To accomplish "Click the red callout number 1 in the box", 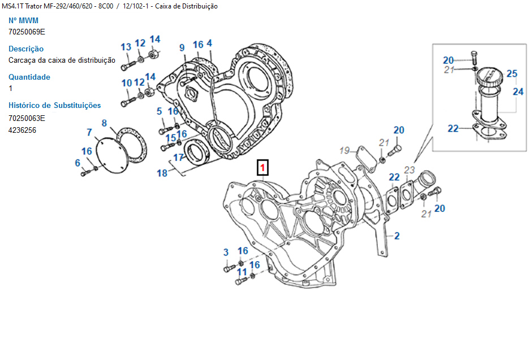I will [263, 168].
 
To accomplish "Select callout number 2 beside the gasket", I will [397, 236].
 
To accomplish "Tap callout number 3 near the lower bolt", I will [226, 252].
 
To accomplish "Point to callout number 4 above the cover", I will [209, 44].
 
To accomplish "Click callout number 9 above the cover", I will [182, 47].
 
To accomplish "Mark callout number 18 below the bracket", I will [162, 173].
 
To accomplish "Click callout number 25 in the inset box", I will [512, 73].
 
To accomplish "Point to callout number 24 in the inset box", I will [518, 91].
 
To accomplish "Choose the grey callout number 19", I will [345, 150].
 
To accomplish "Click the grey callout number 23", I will [410, 169].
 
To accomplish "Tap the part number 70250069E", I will [27, 32].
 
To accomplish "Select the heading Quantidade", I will [29, 77].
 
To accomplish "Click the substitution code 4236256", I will [23, 130].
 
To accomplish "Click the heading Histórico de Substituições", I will [55, 105].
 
